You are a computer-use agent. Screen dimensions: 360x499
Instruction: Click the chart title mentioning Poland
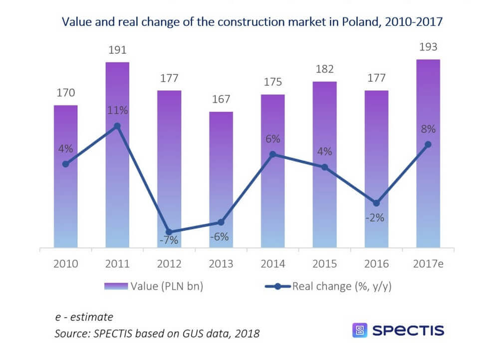(251, 22)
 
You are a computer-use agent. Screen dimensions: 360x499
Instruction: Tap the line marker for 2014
(272, 155)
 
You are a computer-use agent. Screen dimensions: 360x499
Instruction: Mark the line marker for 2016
(376, 203)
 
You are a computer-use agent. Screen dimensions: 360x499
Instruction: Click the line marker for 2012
(169, 232)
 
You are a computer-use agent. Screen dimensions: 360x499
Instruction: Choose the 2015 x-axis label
(324, 263)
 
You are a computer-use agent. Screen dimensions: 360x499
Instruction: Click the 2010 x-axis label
(66, 263)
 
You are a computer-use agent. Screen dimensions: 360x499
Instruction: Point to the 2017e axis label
(428, 263)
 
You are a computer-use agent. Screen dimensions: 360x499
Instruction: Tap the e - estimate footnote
(84, 317)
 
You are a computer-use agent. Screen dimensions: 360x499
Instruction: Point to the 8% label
(428, 129)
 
